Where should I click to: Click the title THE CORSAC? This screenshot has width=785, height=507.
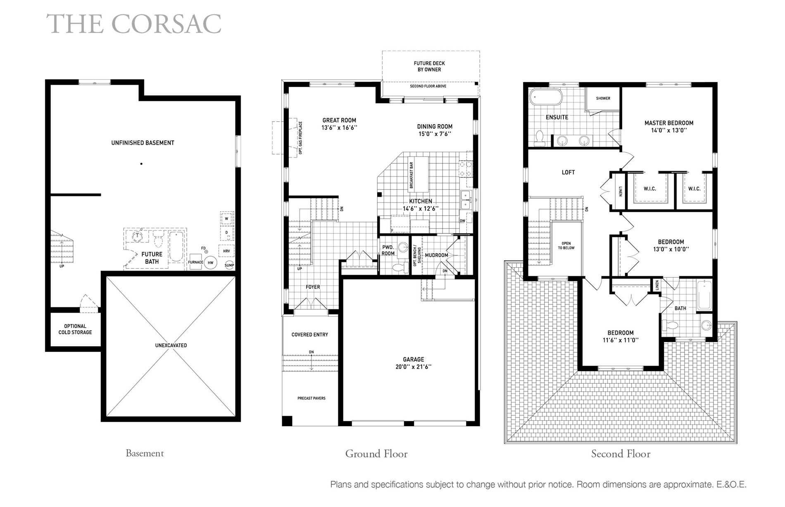134,24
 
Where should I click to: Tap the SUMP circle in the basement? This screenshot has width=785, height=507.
229,265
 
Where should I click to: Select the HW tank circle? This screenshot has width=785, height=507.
210,262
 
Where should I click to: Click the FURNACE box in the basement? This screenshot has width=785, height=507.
195,262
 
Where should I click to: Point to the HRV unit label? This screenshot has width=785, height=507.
226,251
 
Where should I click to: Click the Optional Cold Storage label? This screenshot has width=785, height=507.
75,329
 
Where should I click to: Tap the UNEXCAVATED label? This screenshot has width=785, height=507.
171,345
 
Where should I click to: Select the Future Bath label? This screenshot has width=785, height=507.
152,258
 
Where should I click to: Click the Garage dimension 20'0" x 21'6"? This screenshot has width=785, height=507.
414,367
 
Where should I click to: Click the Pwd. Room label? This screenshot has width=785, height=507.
388,250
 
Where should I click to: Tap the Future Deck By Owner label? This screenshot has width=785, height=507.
429,66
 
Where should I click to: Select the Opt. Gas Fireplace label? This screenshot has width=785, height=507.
300,138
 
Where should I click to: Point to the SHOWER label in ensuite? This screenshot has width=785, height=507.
603,98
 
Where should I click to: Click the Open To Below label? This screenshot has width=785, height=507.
566,246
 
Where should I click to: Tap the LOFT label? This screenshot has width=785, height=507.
568,172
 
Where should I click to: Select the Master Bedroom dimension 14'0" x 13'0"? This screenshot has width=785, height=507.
668,130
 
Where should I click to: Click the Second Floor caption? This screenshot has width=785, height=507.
621,454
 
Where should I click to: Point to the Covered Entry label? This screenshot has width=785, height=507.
310,335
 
